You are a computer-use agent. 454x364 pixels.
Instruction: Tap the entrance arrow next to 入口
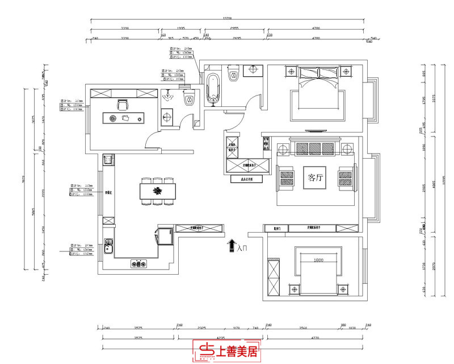232,245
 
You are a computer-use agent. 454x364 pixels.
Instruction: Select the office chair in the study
121,104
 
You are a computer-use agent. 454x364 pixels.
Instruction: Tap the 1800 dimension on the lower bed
318,260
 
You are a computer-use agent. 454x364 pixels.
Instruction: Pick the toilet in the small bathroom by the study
189,100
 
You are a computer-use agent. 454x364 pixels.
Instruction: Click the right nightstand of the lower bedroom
344,289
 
